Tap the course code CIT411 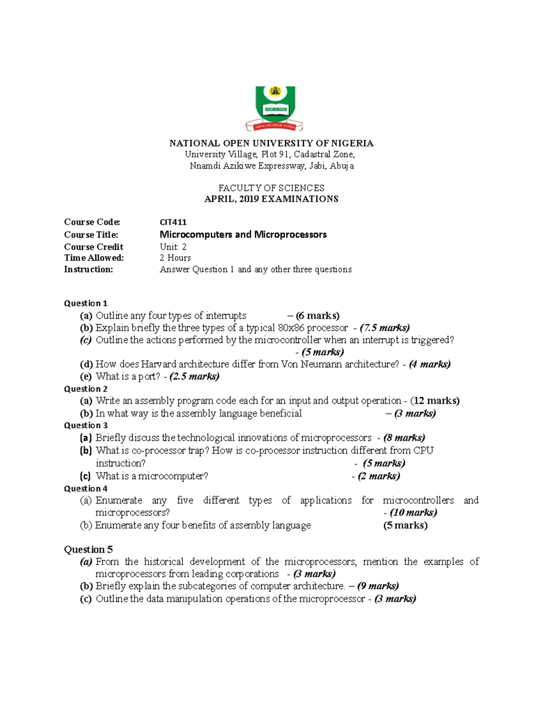[x=173, y=222]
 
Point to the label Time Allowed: [x=94, y=258]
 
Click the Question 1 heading [x=86, y=303]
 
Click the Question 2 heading [x=86, y=389]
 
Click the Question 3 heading [x=86, y=425]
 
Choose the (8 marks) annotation [x=404, y=438]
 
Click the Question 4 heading [x=86, y=488]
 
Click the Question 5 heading [x=88, y=550]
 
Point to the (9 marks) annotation [x=378, y=586]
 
